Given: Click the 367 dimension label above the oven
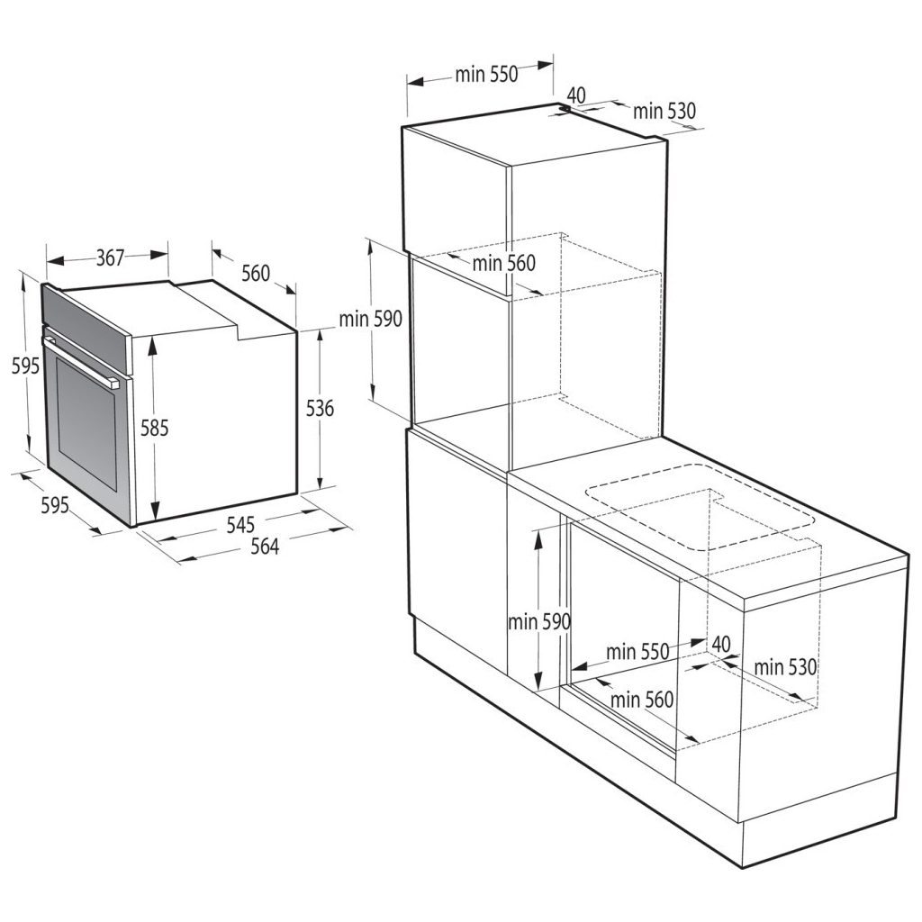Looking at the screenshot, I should click(110, 258).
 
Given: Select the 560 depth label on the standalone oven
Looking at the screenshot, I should click(256, 272).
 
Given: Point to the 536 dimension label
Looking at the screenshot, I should click(320, 409).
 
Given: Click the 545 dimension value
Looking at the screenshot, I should click(240, 523).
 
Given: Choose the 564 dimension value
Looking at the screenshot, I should click(264, 547).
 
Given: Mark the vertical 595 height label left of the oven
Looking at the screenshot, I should click(24, 366).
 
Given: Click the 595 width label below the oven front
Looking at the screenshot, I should click(55, 506).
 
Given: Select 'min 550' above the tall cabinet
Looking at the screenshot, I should click(485, 75).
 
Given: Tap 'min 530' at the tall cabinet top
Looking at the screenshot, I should click(664, 111).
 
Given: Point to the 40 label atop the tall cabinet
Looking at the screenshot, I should click(576, 95).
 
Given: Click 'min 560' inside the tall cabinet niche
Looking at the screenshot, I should click(503, 263).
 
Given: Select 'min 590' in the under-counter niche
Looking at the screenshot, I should click(538, 621).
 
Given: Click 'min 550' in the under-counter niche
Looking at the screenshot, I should click(637, 651).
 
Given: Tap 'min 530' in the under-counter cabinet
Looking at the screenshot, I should click(785, 667).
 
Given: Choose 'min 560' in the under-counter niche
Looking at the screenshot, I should click(642, 699).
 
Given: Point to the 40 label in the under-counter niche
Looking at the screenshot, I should click(720, 644).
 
